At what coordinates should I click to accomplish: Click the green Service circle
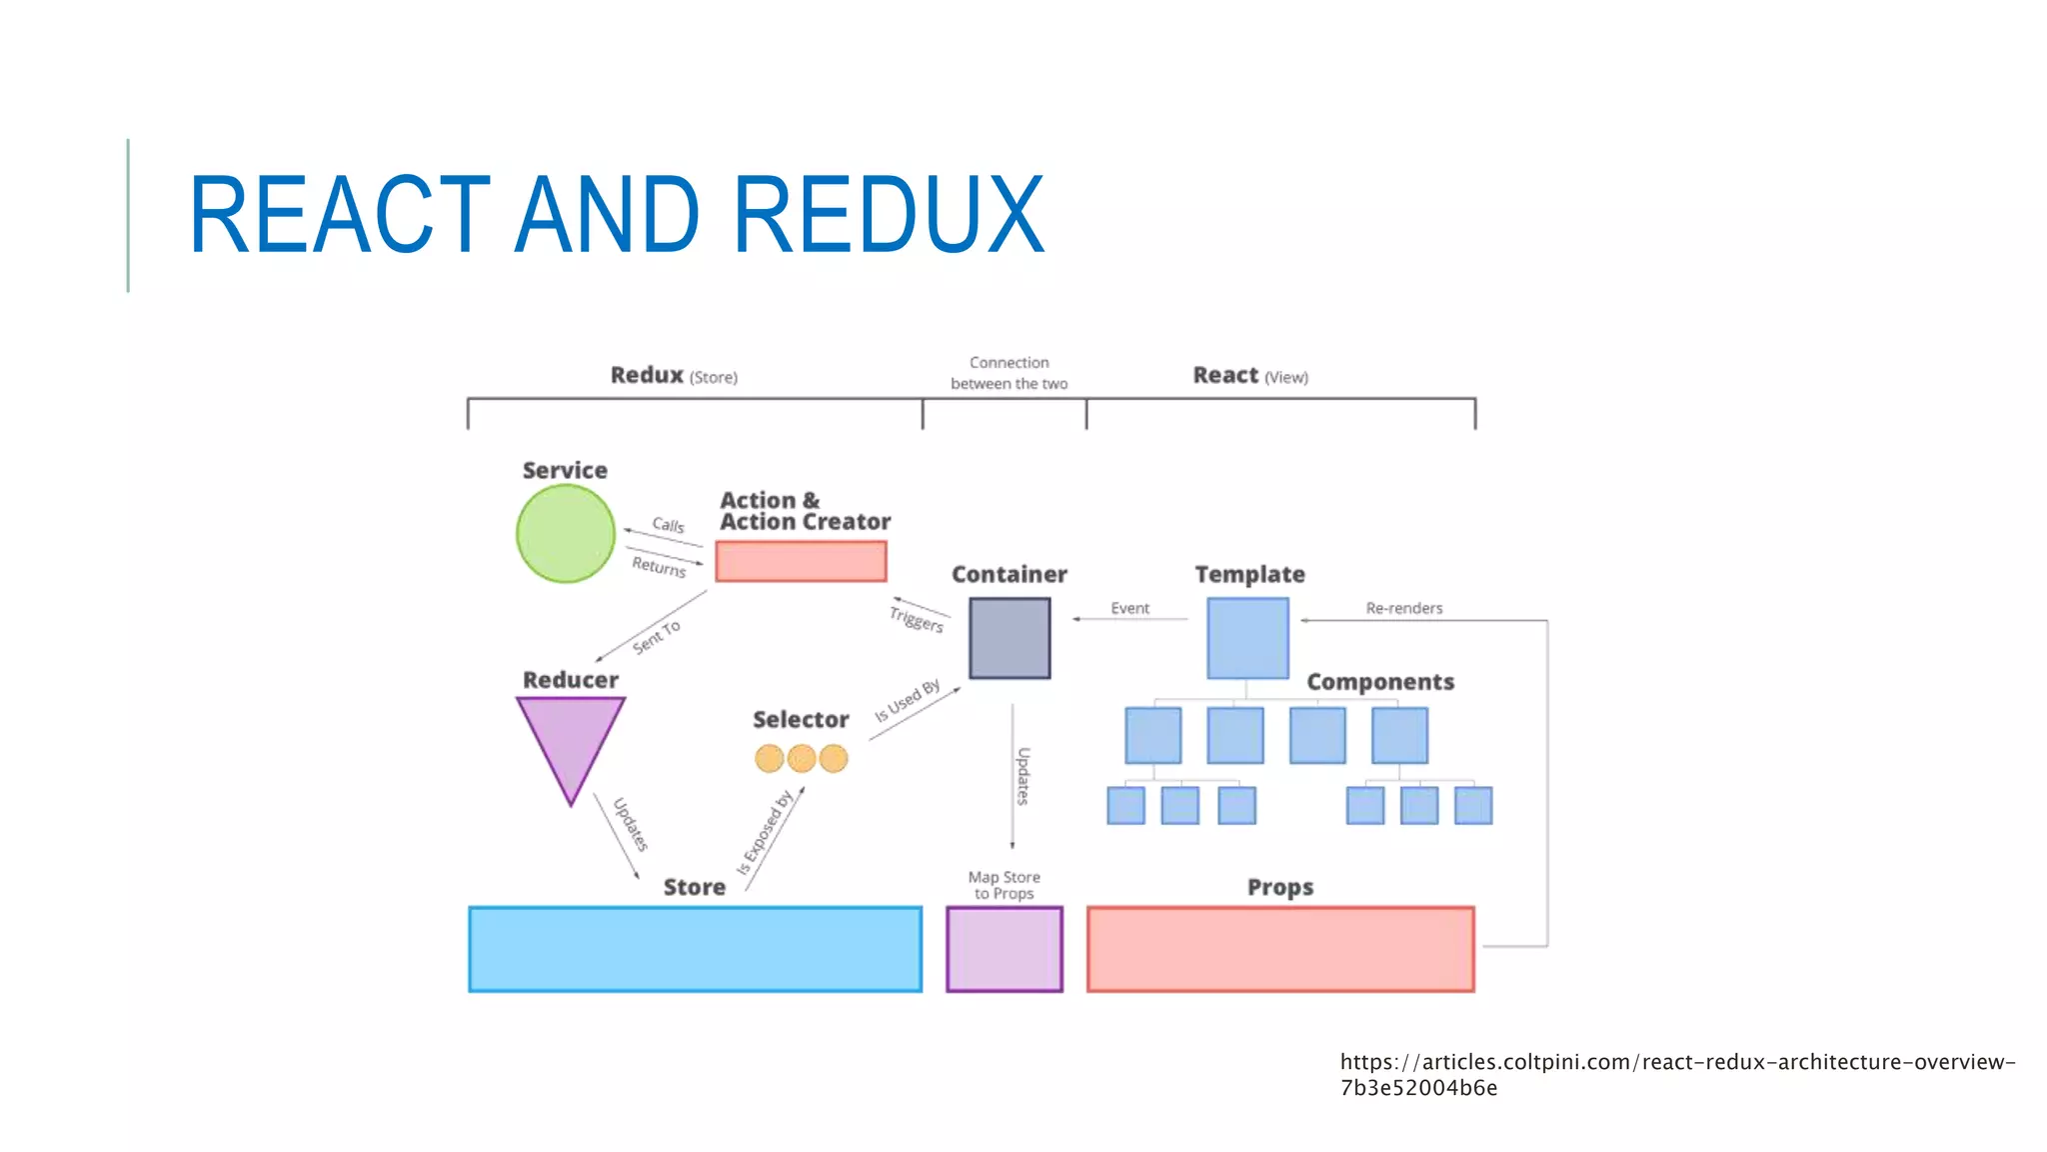pyautogui.click(x=566, y=534)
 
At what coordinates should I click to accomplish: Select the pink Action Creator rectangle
pyautogui.click(x=801, y=561)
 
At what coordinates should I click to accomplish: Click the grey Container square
pyautogui.click(x=1010, y=638)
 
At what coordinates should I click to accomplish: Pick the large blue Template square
pyautogui.click(x=1247, y=638)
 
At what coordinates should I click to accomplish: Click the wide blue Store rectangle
pyautogui.click(x=695, y=949)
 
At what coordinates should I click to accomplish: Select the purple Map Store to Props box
pyautogui.click(x=1005, y=949)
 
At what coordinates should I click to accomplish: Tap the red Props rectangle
pyautogui.click(x=1280, y=949)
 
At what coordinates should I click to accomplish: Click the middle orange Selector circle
pyautogui.click(x=802, y=759)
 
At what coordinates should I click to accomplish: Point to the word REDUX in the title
pyautogui.click(x=889, y=215)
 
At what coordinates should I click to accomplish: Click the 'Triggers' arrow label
pyautogui.click(x=917, y=619)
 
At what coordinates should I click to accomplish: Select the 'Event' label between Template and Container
pyautogui.click(x=1129, y=608)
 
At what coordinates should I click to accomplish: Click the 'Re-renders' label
pyautogui.click(x=1404, y=608)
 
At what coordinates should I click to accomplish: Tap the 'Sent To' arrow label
pyautogui.click(x=657, y=636)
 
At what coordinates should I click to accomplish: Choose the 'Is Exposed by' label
pyautogui.click(x=765, y=832)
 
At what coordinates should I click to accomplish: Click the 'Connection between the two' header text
pyautogui.click(x=1009, y=373)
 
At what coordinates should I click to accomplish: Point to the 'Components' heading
pyautogui.click(x=1380, y=682)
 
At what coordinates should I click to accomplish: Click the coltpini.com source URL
pyautogui.click(x=1677, y=1074)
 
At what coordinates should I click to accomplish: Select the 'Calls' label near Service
pyautogui.click(x=668, y=525)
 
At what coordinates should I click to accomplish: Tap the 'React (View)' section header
pyautogui.click(x=1249, y=376)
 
